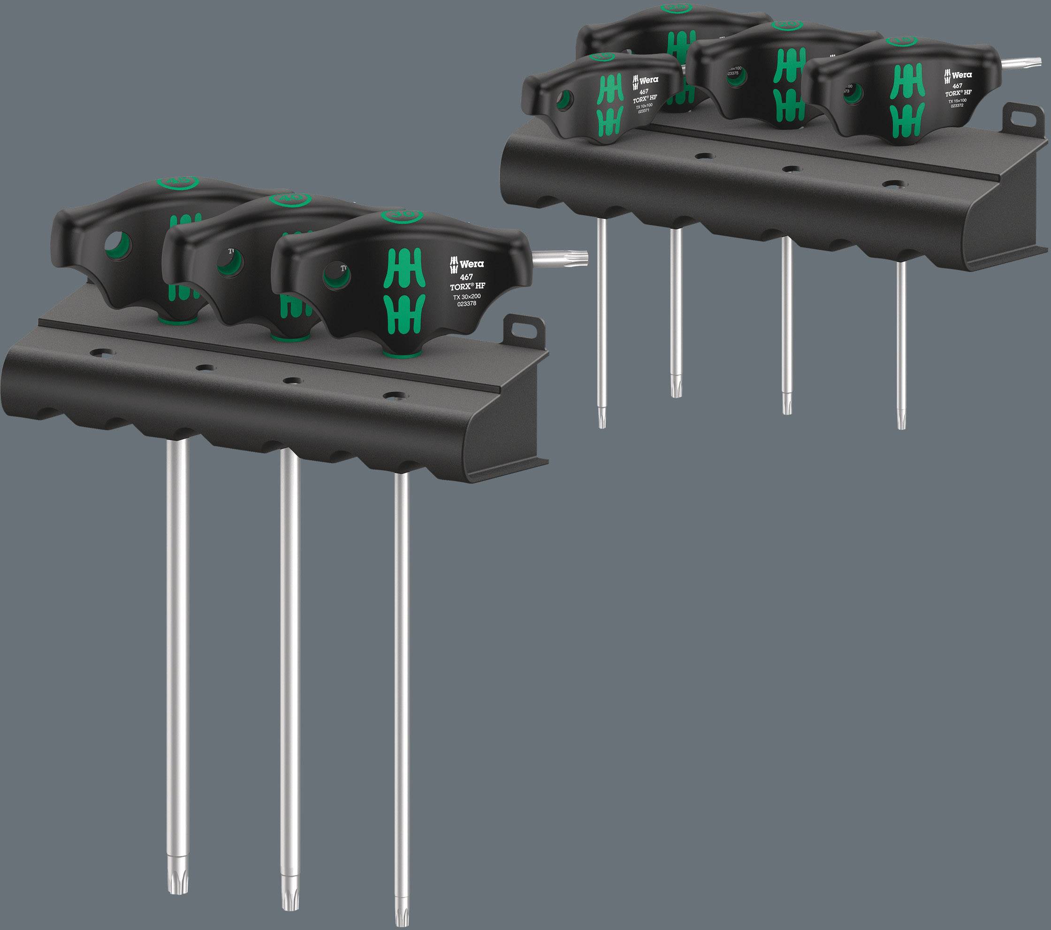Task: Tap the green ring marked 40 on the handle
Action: tap(290, 199)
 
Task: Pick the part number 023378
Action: tap(467, 304)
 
